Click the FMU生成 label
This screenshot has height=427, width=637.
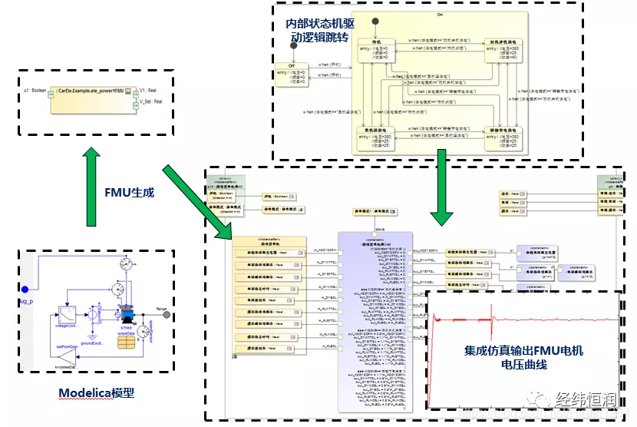130,192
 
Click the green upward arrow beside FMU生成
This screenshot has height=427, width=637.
91,187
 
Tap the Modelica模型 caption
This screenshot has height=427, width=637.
97,392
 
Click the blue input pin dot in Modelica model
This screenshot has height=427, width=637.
25,289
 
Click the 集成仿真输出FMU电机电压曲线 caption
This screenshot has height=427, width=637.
523,357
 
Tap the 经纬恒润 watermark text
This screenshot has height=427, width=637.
586,401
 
